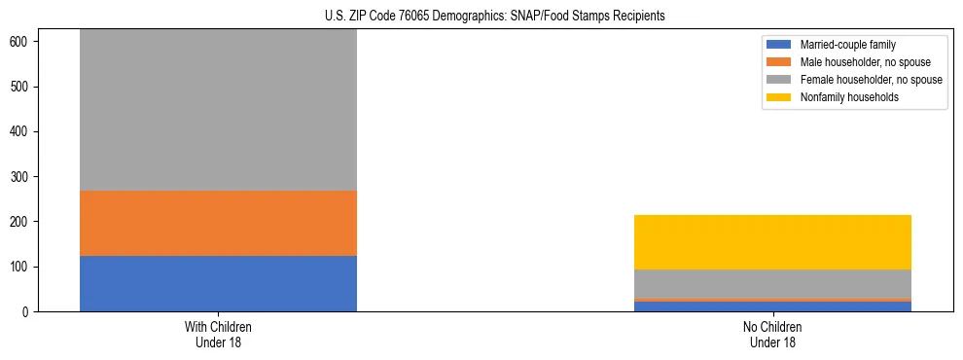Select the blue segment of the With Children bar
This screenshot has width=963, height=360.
point(218,283)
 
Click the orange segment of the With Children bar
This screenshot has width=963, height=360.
point(218,223)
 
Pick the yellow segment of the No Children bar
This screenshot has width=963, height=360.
point(772,241)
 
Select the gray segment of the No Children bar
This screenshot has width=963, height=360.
point(772,283)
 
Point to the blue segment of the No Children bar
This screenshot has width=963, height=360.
point(772,306)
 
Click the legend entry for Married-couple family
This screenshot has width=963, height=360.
point(846,45)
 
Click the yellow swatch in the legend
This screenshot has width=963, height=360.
point(779,97)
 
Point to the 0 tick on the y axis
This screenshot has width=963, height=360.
point(26,311)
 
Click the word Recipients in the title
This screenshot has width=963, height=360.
point(639,17)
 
